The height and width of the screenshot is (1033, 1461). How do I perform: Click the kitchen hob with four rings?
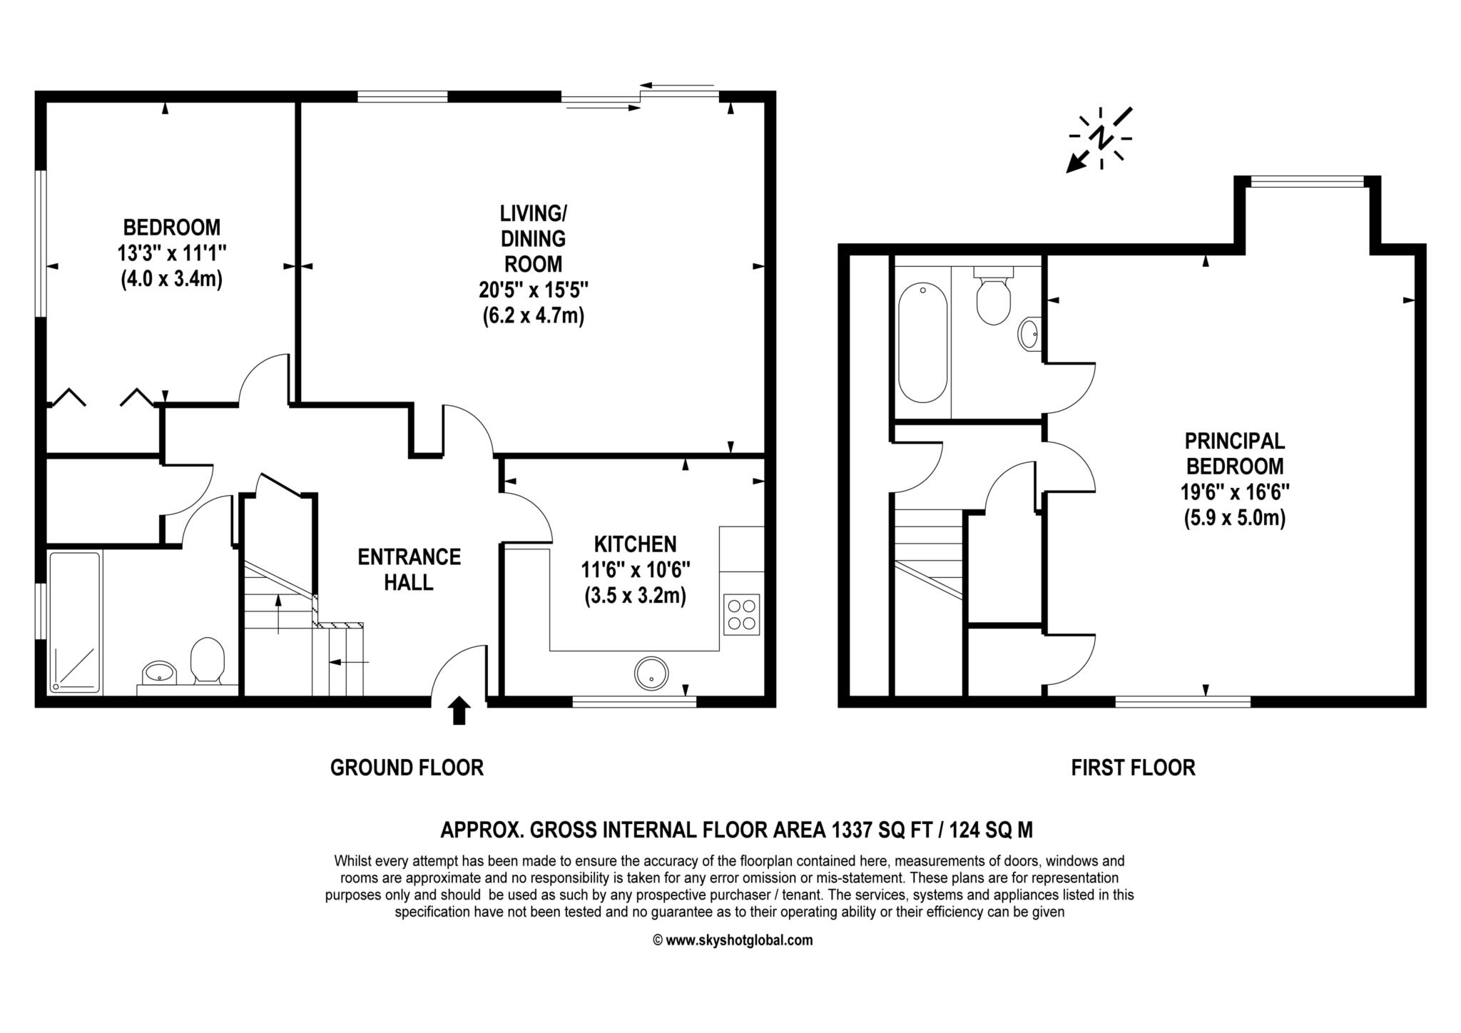tap(741, 614)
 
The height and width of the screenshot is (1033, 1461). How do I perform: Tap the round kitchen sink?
tap(651, 673)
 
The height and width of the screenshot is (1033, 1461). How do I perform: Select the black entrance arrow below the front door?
tap(459, 711)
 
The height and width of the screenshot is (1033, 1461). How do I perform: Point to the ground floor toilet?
tap(208, 659)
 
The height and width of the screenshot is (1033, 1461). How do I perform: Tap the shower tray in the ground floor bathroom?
tap(74, 621)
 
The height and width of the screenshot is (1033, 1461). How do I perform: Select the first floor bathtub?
tap(922, 342)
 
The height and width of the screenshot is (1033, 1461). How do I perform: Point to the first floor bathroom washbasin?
tap(1028, 333)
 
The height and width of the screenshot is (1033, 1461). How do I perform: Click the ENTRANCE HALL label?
tap(409, 569)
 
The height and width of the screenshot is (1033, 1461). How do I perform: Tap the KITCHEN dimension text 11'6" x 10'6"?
tap(635, 570)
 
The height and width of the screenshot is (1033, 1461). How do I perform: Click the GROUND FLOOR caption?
tap(407, 768)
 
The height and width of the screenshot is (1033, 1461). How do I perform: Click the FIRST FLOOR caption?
tap(1133, 768)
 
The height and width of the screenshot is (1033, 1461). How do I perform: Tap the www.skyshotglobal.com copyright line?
tap(733, 940)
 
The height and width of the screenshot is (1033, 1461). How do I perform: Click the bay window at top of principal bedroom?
tap(1308, 183)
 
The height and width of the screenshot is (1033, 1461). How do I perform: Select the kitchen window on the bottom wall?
tap(634, 702)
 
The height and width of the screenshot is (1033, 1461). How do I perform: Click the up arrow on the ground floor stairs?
tap(278, 613)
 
